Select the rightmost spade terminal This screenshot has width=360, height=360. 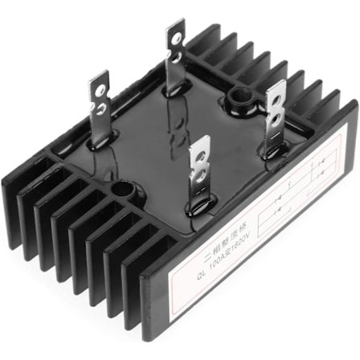pyautogui.click(x=275, y=106)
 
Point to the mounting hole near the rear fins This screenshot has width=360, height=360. pyautogui.click(x=237, y=99)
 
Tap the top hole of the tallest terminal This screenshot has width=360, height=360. pyautogui.click(x=174, y=37)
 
